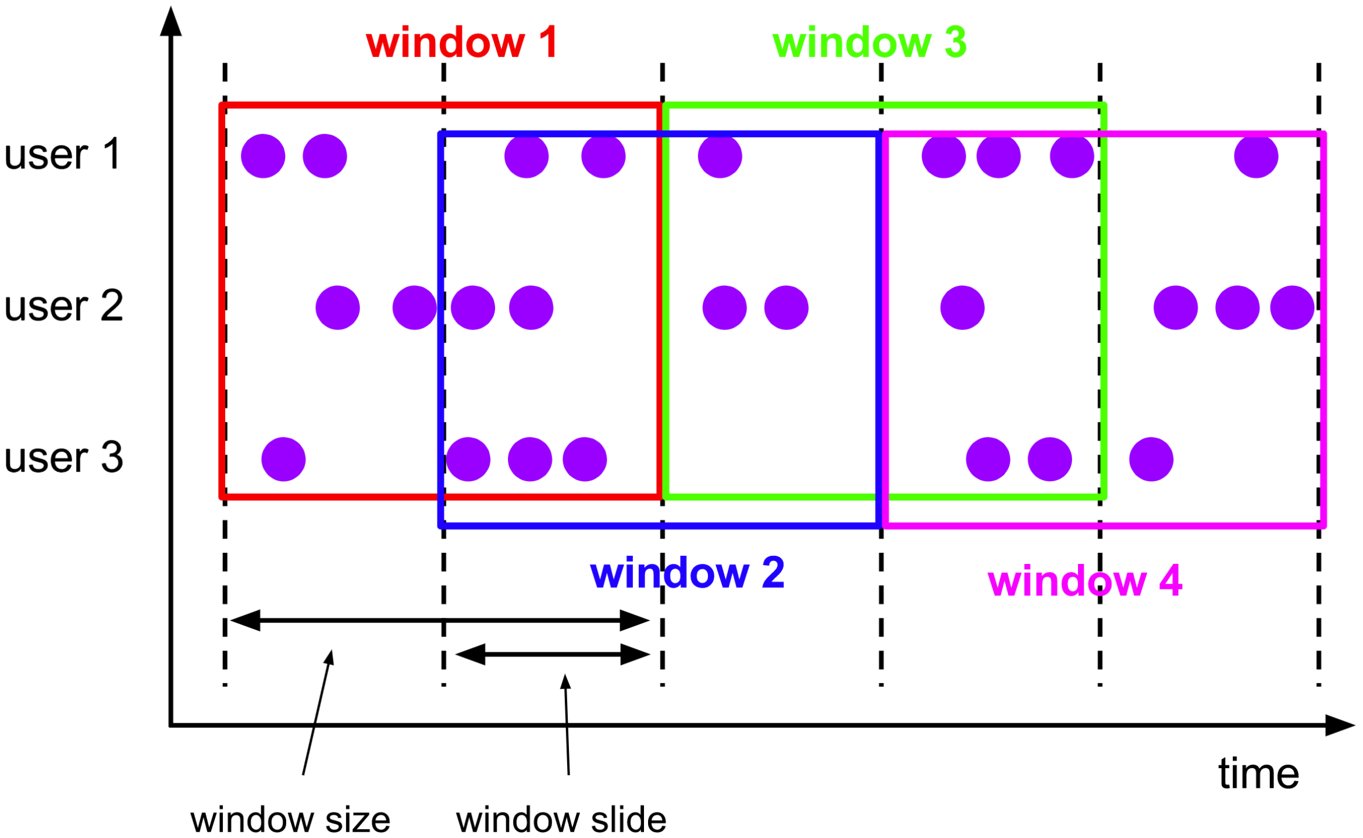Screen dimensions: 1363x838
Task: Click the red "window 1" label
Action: tap(462, 42)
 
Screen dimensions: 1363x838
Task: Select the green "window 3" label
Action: tap(869, 42)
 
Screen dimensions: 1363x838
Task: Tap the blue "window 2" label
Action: tap(687, 573)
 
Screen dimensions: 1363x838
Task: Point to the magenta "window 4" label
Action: tap(1085, 581)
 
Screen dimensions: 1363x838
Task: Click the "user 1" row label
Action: tap(62, 154)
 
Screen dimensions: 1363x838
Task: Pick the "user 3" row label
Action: tap(63, 457)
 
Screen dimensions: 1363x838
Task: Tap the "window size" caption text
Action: tap(290, 820)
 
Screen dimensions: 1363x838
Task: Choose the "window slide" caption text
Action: tap(561, 820)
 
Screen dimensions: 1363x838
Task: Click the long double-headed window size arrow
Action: tap(440, 620)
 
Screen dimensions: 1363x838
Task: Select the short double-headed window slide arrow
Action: tap(553, 655)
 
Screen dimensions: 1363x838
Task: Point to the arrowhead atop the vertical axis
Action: tap(170, 22)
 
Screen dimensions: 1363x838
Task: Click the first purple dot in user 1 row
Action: tap(263, 156)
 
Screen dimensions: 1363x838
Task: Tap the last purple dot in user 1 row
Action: tap(1256, 156)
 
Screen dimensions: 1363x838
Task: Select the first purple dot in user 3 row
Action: tap(283, 459)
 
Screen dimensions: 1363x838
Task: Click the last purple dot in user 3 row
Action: tap(1151, 459)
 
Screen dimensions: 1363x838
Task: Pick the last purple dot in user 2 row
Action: tap(1292, 308)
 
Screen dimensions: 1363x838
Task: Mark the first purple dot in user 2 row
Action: tap(337, 308)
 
